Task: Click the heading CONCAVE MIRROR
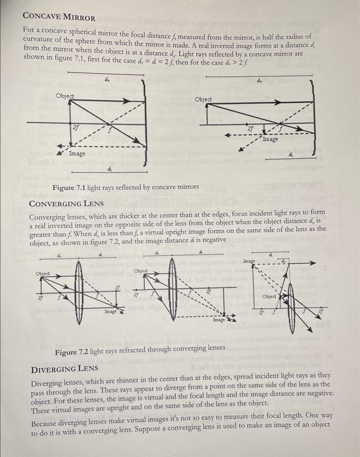(x=59, y=16)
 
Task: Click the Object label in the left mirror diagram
(x=65, y=95)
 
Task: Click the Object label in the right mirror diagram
(x=205, y=99)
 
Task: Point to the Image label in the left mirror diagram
(x=77, y=153)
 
